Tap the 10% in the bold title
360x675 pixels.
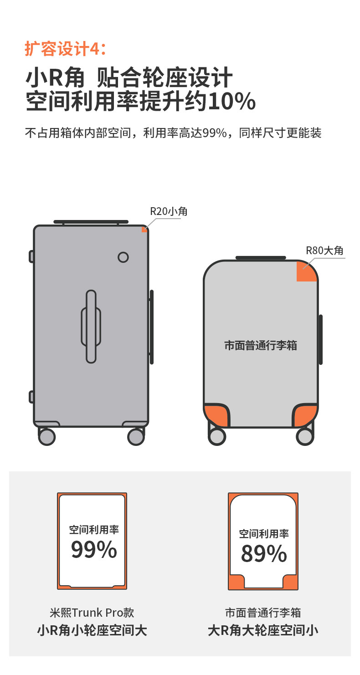coord(231,101)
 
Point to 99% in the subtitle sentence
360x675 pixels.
coord(215,133)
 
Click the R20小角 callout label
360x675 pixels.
coord(169,211)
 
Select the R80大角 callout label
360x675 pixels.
coord(324,251)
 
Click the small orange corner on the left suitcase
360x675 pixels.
coord(144,229)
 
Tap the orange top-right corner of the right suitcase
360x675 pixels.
coord(307,272)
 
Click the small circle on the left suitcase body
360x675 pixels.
coord(123,257)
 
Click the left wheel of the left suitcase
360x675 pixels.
coord(47,437)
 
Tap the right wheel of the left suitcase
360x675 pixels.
coord(136,437)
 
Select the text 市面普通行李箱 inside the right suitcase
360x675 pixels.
coord(260,345)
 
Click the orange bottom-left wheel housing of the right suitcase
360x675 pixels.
coord(216,415)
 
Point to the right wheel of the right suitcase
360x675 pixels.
coord(304,437)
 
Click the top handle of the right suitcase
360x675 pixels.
coord(261,258)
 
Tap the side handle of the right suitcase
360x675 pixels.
coord(321,339)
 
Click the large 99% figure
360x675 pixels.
coord(94,550)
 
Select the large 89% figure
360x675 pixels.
coord(264,554)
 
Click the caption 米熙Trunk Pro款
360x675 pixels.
coord(92,613)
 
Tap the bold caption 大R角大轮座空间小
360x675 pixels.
coord(263,631)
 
